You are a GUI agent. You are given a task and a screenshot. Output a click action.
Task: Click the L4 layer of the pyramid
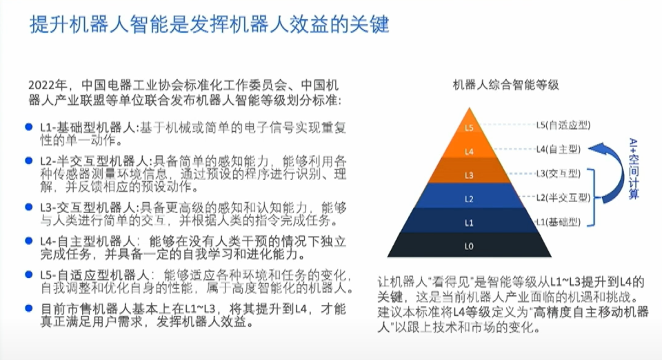pos(470,150)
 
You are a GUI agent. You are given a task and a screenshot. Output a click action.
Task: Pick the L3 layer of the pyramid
pos(470,174)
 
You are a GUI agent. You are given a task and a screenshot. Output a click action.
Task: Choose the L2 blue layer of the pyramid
pos(470,199)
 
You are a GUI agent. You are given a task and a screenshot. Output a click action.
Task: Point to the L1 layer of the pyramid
pos(470,223)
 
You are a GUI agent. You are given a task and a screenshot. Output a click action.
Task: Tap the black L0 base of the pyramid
pos(470,246)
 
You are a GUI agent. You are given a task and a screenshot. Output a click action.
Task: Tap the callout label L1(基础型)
pos(559,221)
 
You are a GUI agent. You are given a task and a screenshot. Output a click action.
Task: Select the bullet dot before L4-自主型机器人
pos(28,241)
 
